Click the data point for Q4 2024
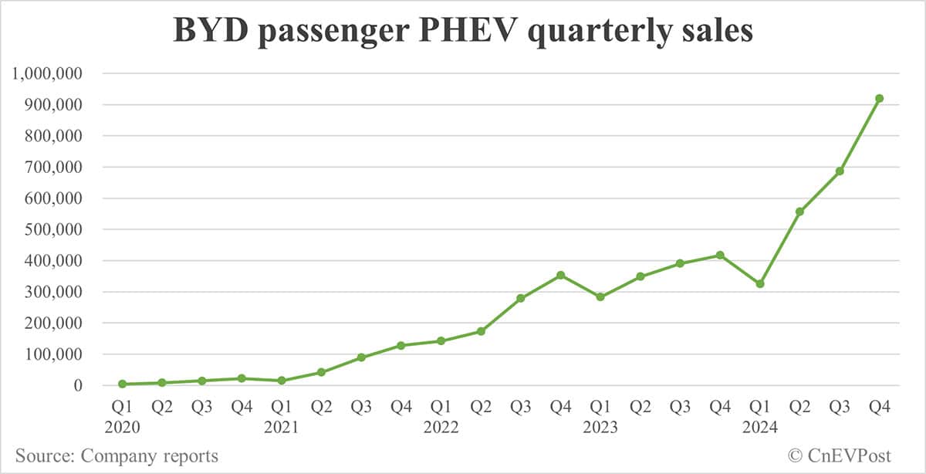point(879,98)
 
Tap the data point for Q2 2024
point(799,212)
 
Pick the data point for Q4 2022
point(561,275)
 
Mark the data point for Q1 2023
point(600,296)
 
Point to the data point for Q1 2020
point(122,384)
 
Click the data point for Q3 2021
point(361,357)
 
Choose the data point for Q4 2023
point(720,255)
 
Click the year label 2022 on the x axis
point(441,427)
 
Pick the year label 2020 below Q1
point(122,427)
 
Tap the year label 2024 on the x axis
point(759,427)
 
